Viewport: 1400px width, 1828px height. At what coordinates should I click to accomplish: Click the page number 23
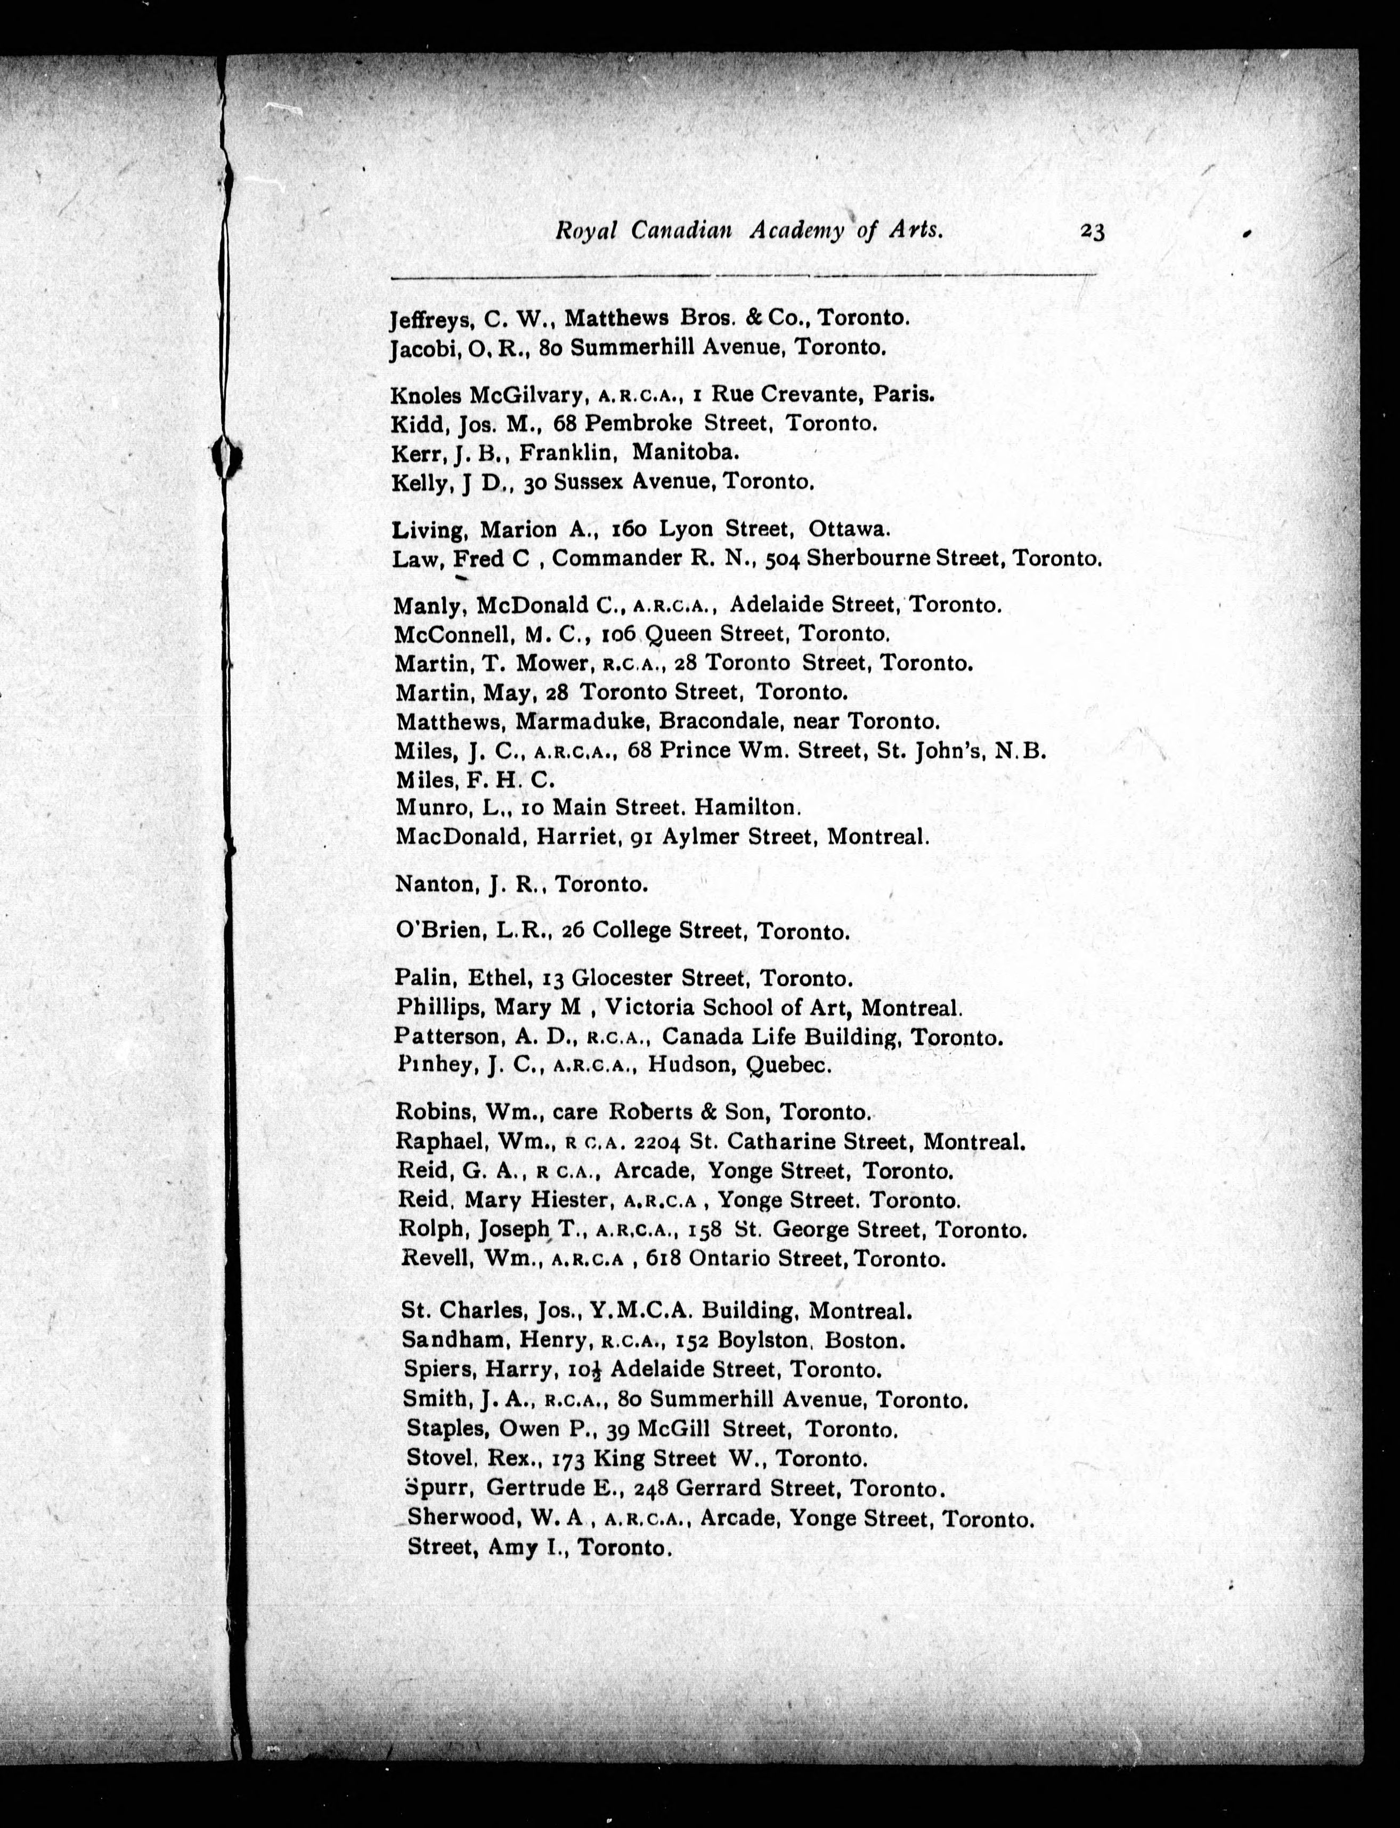tap(1092, 232)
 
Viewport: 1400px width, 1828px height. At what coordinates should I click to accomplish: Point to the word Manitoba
tap(685, 452)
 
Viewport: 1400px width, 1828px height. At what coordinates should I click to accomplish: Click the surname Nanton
tap(433, 884)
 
